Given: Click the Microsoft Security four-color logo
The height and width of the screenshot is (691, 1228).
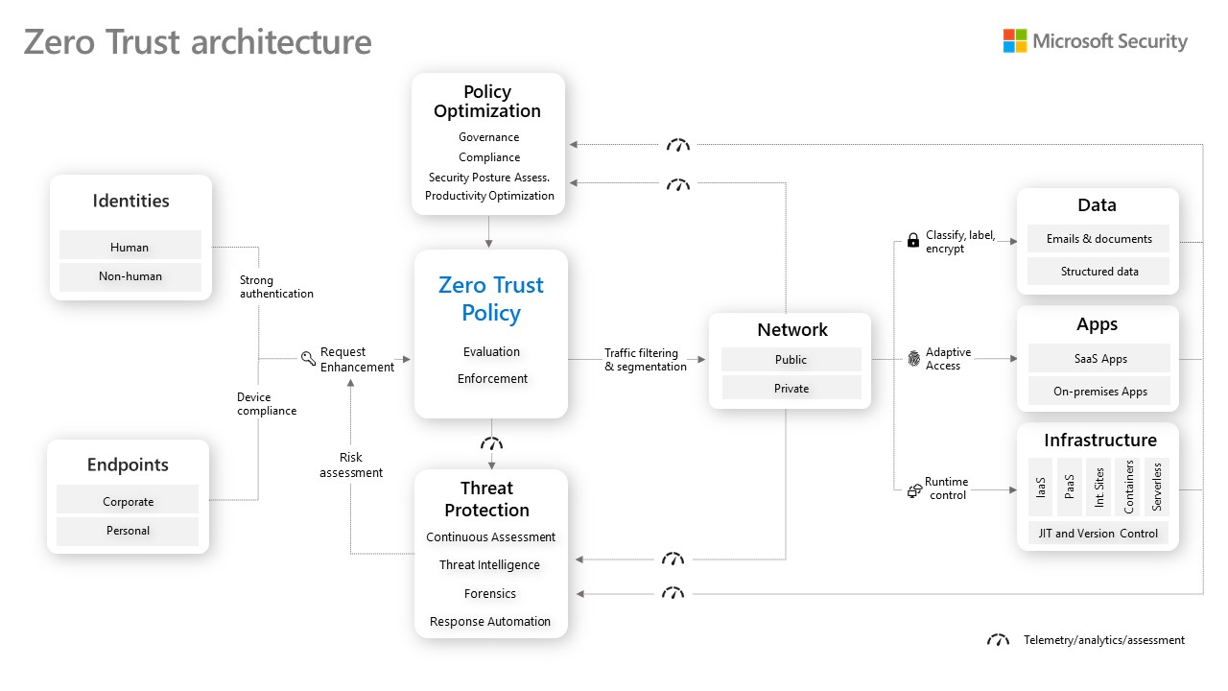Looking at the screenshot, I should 1014,41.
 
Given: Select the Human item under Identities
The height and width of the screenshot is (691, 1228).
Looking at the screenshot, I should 130,247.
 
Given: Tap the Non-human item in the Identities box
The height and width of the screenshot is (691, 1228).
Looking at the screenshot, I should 130,276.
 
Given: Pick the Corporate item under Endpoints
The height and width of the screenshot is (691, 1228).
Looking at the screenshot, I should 128,501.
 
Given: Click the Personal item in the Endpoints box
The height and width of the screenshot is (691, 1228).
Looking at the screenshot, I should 128,530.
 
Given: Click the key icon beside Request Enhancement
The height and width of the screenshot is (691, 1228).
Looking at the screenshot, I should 308,359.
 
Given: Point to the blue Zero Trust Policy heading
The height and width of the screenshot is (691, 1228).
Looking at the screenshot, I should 490,298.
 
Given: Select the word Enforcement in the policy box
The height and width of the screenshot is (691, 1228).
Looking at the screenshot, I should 492,378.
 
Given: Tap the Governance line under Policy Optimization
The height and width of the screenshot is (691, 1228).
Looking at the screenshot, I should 488,137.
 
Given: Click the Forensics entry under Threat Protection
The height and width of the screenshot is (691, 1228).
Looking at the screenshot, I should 489,593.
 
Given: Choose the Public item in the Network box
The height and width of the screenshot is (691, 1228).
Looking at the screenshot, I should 791,360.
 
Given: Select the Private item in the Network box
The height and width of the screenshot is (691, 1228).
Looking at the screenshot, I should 791,389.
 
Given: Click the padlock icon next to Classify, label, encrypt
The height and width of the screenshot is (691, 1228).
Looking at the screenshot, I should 912,241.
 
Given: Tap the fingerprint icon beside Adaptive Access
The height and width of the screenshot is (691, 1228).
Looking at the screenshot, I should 913,359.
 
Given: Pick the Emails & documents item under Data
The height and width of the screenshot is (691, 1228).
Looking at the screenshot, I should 1098,239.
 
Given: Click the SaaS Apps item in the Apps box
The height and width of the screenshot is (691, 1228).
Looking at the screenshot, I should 1099,359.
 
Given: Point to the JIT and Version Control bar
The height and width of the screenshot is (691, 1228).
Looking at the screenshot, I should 1098,534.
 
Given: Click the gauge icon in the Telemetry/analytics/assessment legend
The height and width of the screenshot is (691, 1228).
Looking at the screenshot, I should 998,640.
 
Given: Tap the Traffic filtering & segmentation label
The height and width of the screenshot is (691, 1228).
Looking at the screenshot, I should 645,360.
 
